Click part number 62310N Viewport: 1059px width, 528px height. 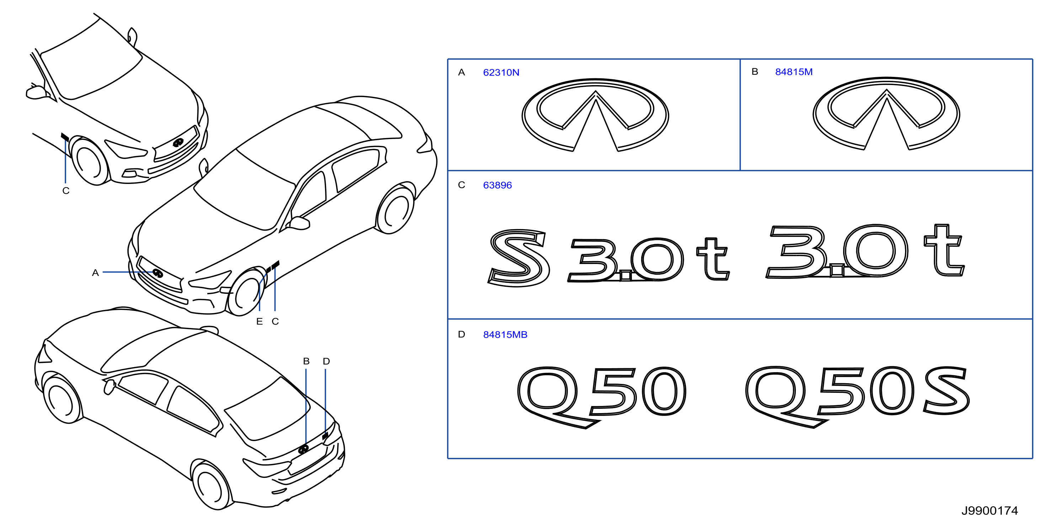click(501, 72)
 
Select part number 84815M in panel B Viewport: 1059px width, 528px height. click(793, 72)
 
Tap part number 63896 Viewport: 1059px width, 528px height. click(497, 185)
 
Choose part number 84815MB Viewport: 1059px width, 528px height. click(505, 335)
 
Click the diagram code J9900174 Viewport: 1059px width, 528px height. click(990, 511)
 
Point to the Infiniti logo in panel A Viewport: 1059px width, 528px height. click(595, 115)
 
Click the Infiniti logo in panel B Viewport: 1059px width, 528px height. click(886, 113)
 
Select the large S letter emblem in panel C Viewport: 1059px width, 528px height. click(518, 258)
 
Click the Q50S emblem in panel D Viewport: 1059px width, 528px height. click(857, 396)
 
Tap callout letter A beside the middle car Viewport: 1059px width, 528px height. click(95, 273)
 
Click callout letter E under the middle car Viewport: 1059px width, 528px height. click(259, 322)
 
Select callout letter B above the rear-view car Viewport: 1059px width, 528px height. click(306, 361)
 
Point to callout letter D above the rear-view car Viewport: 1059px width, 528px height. click(326, 361)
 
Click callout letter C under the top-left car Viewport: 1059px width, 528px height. click(66, 191)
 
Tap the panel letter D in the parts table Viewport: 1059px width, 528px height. click(461, 334)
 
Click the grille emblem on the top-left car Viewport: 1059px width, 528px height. click(178, 143)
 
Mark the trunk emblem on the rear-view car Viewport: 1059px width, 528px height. click(303, 449)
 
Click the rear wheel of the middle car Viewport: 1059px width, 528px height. click(395, 210)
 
